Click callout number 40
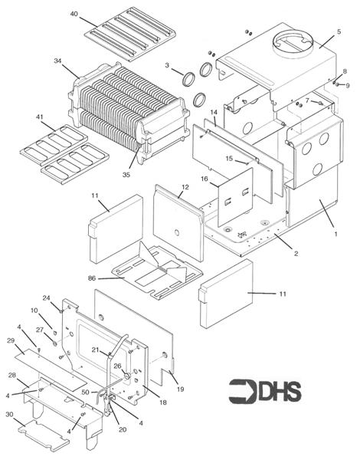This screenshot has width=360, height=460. point(74,15)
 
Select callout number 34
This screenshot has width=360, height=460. point(57,61)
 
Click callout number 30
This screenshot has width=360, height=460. point(9,415)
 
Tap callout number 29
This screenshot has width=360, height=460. point(11,340)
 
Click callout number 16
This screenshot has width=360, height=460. point(205,178)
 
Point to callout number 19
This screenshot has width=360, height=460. point(180,389)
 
